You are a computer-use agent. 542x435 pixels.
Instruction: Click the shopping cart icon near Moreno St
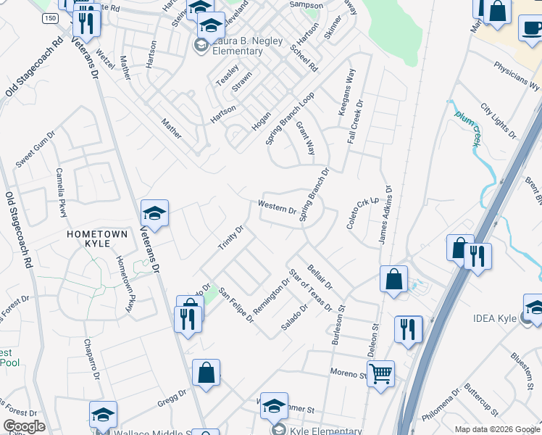tap(380, 374)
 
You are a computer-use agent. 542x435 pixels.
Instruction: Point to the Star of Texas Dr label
tap(309, 290)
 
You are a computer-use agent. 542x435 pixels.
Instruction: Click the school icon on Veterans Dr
tap(154, 214)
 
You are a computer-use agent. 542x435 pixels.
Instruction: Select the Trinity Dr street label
tap(231, 238)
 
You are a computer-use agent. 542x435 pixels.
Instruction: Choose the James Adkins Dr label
tap(385, 214)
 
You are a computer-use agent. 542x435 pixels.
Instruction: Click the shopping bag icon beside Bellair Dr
tap(393, 279)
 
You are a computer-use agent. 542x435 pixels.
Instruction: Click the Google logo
tap(24, 426)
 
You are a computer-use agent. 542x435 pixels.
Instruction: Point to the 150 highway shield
tap(49, 17)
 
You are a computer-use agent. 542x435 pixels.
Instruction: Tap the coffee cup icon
tap(532, 28)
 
